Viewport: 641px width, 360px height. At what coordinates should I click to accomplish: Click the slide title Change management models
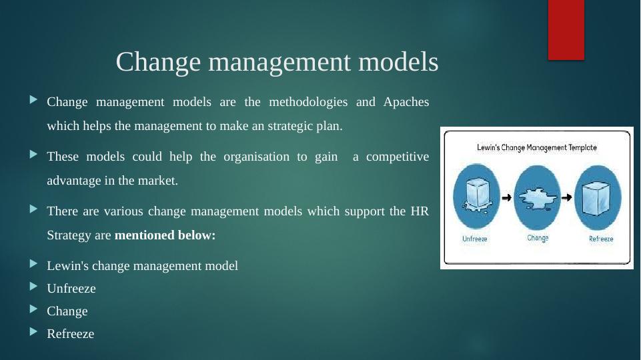pos(277,62)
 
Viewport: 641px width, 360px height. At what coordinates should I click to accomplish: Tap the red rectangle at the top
pos(566,30)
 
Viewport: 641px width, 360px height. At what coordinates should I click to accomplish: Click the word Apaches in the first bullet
pos(406,102)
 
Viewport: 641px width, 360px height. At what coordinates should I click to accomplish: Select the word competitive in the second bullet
pos(398,157)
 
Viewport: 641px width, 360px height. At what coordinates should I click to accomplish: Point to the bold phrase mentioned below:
pos(165,235)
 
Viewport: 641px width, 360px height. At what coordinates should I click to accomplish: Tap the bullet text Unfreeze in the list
pos(71,289)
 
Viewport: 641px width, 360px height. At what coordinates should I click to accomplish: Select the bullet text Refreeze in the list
pos(70,334)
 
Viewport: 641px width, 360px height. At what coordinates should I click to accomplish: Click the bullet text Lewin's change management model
pos(142,265)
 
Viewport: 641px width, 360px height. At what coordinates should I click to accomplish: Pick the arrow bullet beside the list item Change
pos(33,309)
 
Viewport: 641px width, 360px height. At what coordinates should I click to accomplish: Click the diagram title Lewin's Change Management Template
pos(537,147)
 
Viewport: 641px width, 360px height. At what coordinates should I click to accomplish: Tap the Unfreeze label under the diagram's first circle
pos(475,239)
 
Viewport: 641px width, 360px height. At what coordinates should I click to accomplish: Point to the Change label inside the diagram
pos(538,238)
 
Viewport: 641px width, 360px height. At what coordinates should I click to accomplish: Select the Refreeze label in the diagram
pos(601,239)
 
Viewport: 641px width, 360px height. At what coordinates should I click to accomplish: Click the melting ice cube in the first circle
pos(476,195)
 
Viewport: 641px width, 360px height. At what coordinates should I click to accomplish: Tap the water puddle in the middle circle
pos(538,198)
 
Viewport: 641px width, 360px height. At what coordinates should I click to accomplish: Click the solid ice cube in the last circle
pos(597,198)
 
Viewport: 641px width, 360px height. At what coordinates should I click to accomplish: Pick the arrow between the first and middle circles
pos(506,198)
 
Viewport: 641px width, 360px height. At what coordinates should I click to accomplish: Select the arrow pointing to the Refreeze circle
pos(566,198)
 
